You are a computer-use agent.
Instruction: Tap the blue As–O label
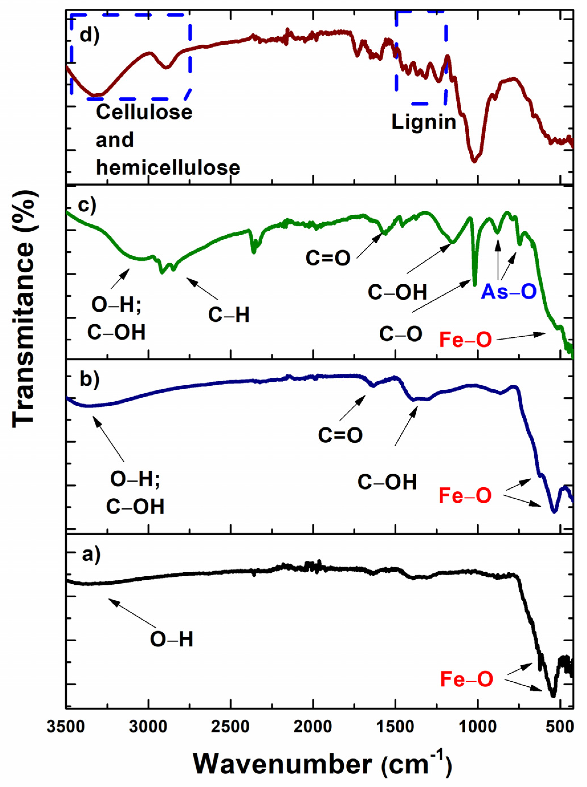click(509, 292)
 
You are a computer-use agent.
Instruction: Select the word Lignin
click(424, 122)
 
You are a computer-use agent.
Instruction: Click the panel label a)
click(91, 554)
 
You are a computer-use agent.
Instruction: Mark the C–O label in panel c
click(401, 334)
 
